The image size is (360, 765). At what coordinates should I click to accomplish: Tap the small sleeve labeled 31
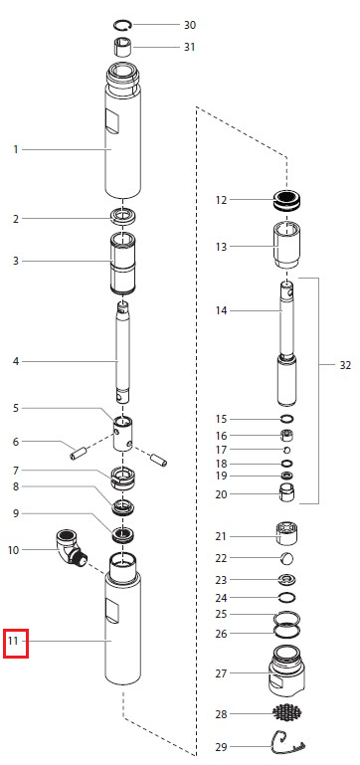[x=122, y=47]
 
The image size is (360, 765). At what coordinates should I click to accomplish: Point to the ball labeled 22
[x=287, y=558]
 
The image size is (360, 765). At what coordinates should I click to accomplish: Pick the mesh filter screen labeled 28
[x=286, y=713]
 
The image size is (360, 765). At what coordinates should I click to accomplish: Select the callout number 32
[x=345, y=365]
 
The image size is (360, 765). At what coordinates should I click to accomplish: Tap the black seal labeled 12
[x=286, y=200]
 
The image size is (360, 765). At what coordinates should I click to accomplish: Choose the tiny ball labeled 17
[x=286, y=450]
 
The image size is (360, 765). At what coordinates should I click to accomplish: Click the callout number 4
[x=16, y=361]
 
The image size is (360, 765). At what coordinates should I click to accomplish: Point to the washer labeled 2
[x=123, y=216]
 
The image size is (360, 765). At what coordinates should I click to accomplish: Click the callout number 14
[x=221, y=310]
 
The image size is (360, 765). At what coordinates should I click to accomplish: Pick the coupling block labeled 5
[x=123, y=434]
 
